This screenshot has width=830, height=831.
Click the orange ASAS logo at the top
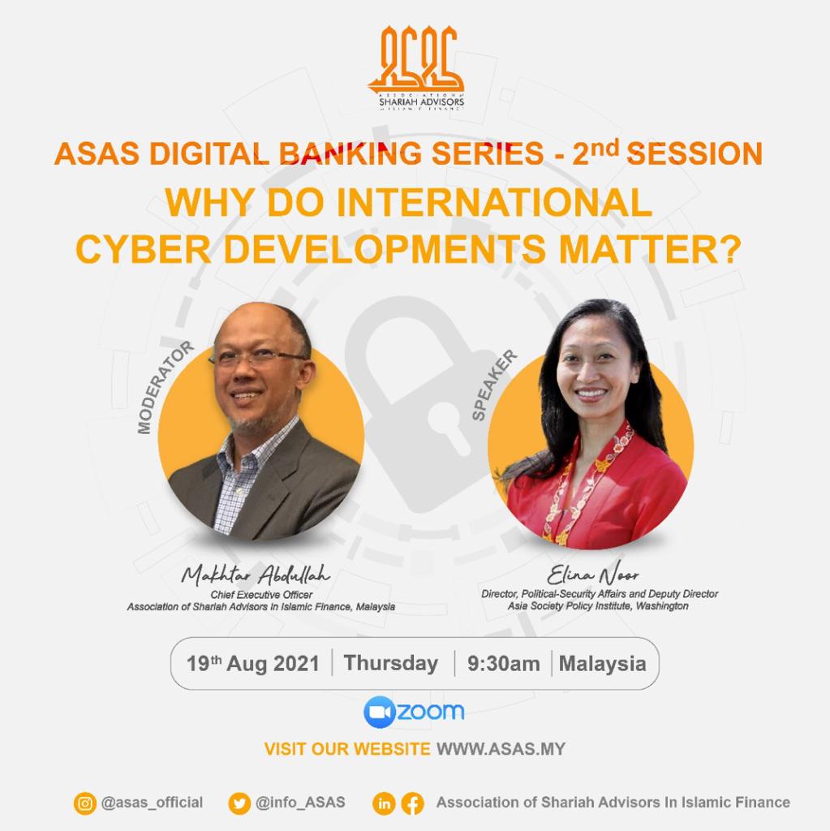click(416, 67)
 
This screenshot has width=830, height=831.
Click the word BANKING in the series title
click(350, 153)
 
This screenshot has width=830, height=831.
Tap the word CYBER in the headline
click(144, 249)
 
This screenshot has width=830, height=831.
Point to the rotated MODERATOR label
click(165, 387)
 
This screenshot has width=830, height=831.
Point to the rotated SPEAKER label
click(494, 385)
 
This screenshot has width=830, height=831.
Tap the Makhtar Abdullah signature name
click(256, 574)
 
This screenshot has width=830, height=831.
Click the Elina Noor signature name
click(592, 574)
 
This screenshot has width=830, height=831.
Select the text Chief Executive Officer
click(261, 595)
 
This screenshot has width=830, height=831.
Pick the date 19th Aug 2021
click(253, 664)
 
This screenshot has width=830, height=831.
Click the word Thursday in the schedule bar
click(391, 663)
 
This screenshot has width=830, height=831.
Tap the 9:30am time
click(504, 664)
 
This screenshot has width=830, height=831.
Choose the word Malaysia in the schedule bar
click(603, 664)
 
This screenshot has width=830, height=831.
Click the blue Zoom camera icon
click(380, 712)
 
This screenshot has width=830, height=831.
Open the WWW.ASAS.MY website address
click(501, 749)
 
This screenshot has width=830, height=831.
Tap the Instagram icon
click(85, 803)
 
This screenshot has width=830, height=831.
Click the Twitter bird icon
click(239, 803)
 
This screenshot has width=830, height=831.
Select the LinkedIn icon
click(384, 803)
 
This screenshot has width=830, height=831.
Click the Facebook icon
click(412, 803)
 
